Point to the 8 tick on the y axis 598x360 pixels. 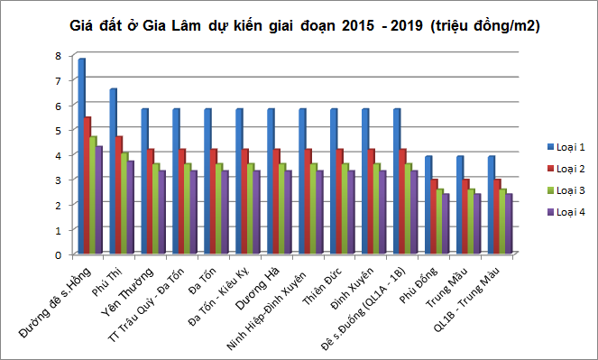[58, 56]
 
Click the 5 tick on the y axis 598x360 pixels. [58, 130]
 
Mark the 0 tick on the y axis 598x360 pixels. [58, 254]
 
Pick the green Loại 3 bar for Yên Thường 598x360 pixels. [155, 209]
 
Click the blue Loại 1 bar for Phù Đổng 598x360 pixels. [428, 207]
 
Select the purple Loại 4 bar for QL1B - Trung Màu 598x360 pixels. [509, 225]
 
